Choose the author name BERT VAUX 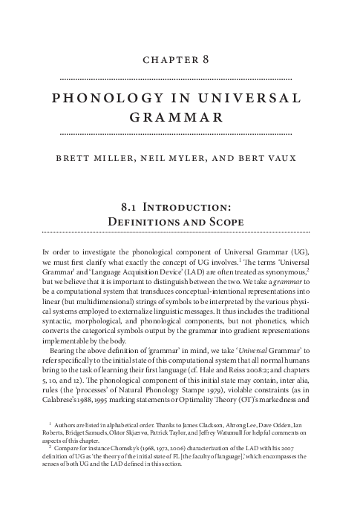coord(270,158)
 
